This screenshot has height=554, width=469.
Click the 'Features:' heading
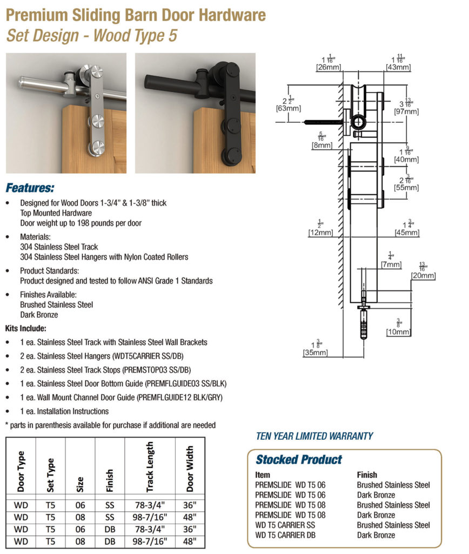point(30,188)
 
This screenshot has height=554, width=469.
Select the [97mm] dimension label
point(407,111)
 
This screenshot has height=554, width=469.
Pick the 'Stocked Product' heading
point(299,460)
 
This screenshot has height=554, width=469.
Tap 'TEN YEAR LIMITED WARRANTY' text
point(314,436)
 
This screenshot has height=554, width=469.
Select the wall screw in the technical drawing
point(322,122)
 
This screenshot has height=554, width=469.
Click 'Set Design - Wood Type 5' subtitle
point(91,36)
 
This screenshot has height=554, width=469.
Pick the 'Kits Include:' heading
point(25,328)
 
